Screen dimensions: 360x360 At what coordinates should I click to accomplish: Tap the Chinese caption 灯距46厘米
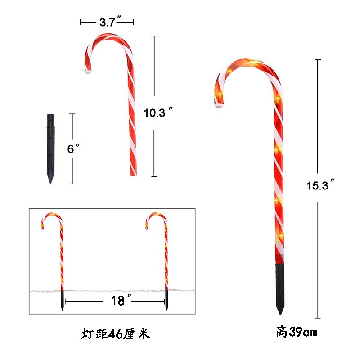point(115,334)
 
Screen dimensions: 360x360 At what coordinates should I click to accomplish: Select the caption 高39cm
point(297,333)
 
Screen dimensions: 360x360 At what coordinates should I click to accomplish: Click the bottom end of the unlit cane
point(133,174)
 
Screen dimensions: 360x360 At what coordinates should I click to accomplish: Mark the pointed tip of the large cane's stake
point(280,313)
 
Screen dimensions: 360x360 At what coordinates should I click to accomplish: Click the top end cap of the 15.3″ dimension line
point(319,59)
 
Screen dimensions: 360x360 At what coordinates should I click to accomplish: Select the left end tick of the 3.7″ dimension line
point(81,22)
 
